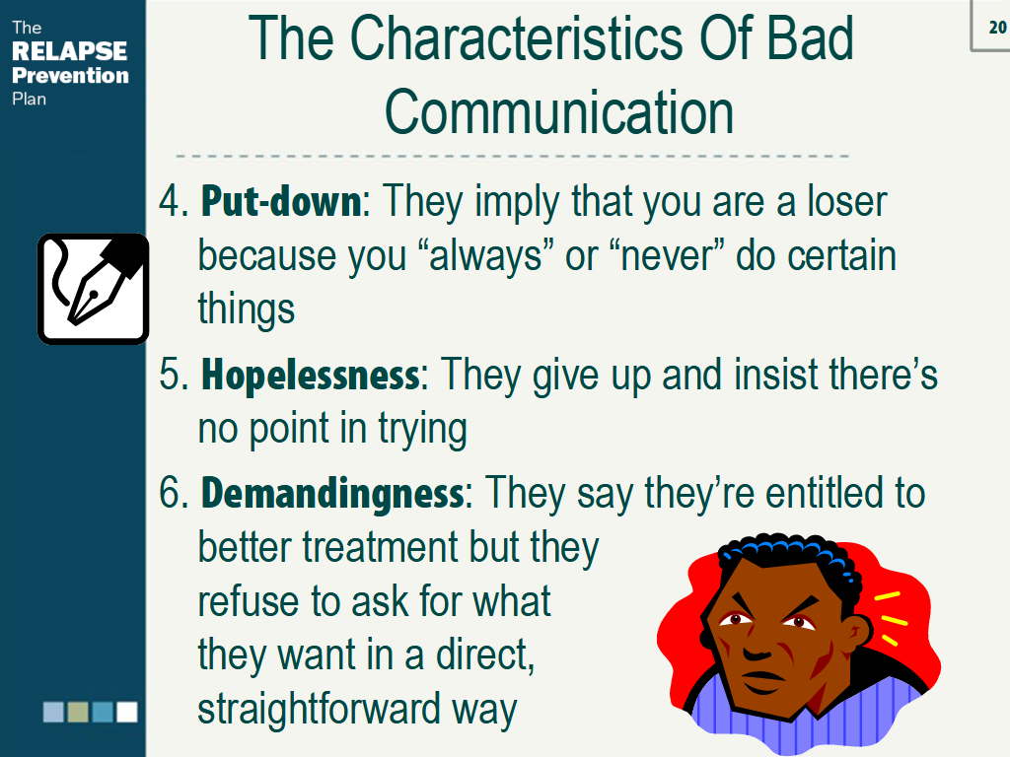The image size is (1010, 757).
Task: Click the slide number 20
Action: coord(995,28)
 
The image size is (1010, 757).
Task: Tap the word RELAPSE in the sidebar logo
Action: coord(69,51)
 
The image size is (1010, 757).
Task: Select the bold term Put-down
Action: coord(281,202)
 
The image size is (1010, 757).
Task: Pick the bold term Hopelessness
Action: coord(310,376)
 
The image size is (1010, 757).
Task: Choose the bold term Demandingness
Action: coord(331,493)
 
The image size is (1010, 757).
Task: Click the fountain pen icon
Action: coord(93,288)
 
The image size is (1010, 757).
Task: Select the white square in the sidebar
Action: coord(127,712)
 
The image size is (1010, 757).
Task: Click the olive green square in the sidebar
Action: coord(78,712)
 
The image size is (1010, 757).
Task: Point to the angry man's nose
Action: coord(757,647)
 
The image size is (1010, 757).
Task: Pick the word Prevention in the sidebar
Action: coord(70,75)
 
